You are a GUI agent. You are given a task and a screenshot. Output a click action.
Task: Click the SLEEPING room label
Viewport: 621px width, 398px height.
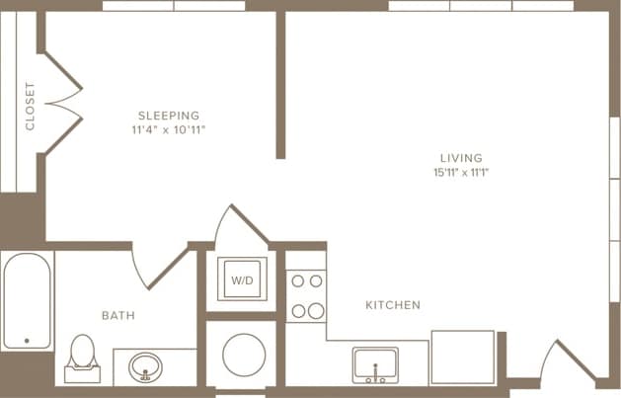168,115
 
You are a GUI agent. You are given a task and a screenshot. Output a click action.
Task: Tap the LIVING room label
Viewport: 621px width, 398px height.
461,158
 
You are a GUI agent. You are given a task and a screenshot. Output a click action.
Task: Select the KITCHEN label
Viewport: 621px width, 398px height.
393,305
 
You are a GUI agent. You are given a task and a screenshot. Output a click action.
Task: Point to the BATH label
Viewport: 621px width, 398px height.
118,316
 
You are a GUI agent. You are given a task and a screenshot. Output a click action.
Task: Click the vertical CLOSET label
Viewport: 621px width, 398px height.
30,107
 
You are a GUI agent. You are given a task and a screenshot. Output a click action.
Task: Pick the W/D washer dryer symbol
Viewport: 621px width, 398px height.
241,280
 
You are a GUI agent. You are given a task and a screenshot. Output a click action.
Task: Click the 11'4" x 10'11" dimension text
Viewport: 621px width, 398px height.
168,129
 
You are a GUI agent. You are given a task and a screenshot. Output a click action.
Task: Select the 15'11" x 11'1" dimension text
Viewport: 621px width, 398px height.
461,173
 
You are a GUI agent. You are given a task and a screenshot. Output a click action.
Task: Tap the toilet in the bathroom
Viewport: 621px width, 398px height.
82,358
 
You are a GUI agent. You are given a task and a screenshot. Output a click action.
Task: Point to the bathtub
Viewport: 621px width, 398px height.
27,301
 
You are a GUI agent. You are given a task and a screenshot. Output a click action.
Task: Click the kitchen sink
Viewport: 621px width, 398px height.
375,364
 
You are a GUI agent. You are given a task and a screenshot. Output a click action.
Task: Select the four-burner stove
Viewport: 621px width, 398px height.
306,295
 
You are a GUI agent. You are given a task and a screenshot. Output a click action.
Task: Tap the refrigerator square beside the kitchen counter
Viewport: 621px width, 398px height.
462,358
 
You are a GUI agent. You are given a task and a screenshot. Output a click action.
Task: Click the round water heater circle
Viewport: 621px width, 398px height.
241,355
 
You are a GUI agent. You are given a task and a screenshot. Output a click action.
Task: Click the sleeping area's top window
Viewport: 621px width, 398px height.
174,6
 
